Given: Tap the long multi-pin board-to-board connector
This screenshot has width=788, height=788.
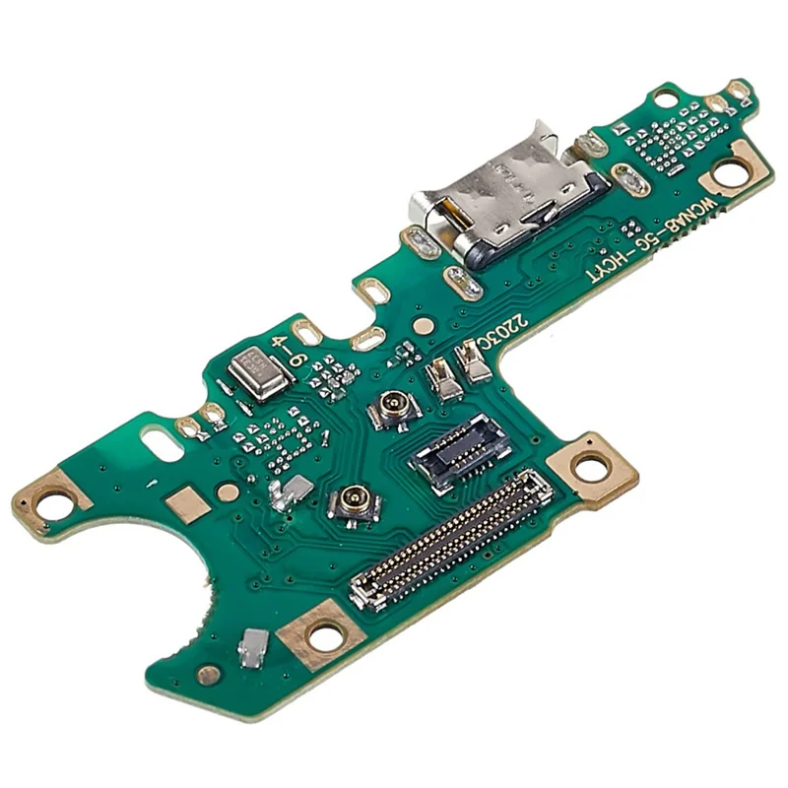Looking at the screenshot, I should tap(451, 539).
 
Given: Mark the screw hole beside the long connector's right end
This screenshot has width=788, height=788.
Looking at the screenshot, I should tap(591, 468).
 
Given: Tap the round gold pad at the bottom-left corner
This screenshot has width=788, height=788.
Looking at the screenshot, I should tap(208, 675).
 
